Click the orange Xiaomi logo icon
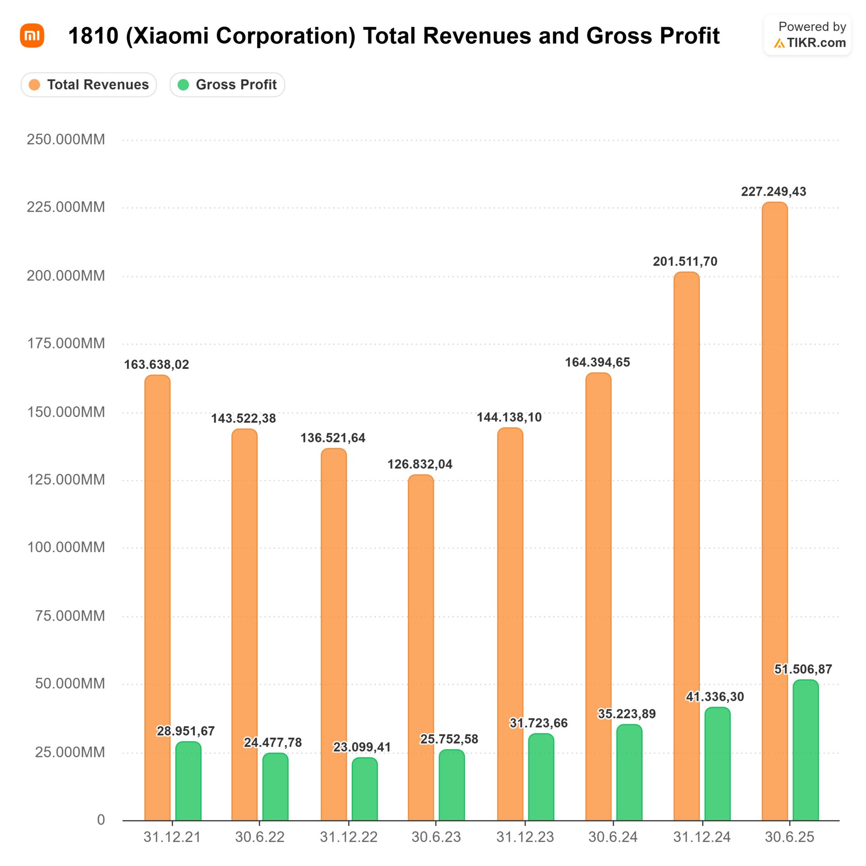(32, 36)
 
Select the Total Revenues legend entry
(89, 85)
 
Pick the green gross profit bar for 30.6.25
(806, 751)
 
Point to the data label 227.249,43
(774, 192)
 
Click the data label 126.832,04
(420, 464)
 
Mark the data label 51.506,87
(803, 669)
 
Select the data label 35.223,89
(627, 714)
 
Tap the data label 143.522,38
(244, 418)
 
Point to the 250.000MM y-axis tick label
(66, 139)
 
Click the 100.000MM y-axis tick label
(66, 548)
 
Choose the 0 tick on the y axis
(101, 820)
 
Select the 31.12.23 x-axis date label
(525, 838)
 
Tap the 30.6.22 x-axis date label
(260, 838)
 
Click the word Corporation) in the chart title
(286, 36)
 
